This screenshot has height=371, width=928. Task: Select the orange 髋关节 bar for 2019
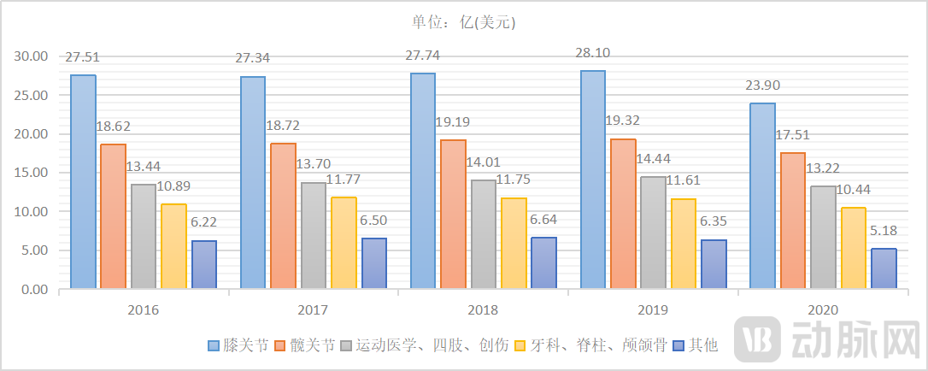tap(623, 214)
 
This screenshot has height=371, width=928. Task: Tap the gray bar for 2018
tap(484, 234)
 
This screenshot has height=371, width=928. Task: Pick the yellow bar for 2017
tap(344, 243)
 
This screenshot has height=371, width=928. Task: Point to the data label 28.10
tap(593, 54)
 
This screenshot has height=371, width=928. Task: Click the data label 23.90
tap(762, 85)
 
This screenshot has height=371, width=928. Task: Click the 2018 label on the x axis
tap(483, 309)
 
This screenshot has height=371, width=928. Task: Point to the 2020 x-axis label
tap(823, 309)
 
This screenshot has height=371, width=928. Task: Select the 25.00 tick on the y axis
tap(31, 96)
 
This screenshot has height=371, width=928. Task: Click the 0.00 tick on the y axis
tap(34, 290)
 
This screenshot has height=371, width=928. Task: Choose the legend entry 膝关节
tap(238, 346)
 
